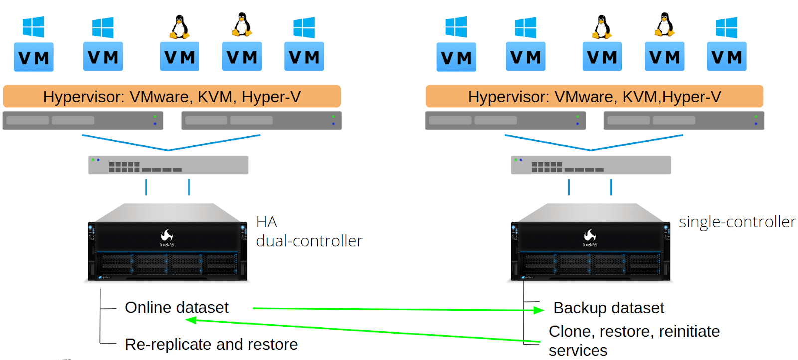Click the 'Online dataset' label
pos(177,307)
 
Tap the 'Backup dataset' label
pos(608,308)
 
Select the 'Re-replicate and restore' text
pos(211,344)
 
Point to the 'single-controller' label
pos(737,222)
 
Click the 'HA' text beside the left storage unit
pos(266,222)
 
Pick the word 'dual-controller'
pos(309,241)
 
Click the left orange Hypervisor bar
pos(172,96)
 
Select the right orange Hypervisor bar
pos(594,96)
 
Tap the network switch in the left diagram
pos(168,165)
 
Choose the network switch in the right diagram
pos(591,165)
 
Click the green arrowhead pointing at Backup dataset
pos(539,310)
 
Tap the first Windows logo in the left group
pos(33,27)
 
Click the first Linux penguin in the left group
pos(179,27)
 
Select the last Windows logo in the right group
pos(726,27)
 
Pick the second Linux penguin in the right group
pos(664,25)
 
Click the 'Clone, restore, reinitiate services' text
pos(633,340)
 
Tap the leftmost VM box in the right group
pos(456,57)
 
